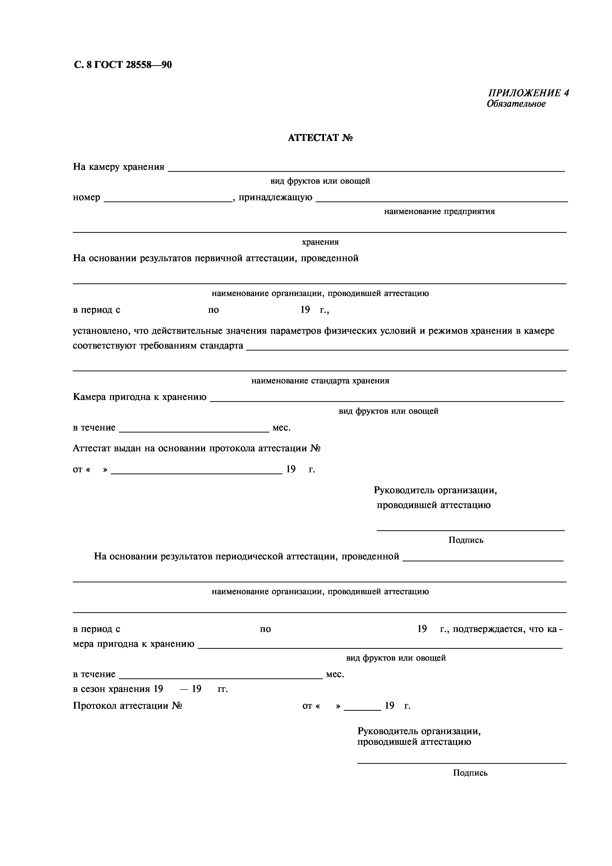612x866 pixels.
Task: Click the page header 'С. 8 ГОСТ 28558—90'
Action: click(x=123, y=65)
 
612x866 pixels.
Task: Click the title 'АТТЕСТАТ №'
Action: click(x=320, y=138)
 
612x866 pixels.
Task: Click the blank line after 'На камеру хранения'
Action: click(x=366, y=171)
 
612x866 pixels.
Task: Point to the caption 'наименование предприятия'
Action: click(x=439, y=212)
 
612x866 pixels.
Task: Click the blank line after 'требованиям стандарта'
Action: click(x=407, y=349)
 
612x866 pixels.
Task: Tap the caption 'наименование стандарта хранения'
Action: click(x=320, y=381)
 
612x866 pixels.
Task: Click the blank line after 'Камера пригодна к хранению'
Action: click(x=386, y=401)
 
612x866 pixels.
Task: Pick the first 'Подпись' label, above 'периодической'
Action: click(x=466, y=540)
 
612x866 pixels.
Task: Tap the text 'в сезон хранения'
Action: click(x=111, y=689)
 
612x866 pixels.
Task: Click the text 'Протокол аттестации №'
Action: click(x=127, y=706)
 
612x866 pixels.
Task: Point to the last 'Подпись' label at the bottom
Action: click(x=470, y=773)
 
